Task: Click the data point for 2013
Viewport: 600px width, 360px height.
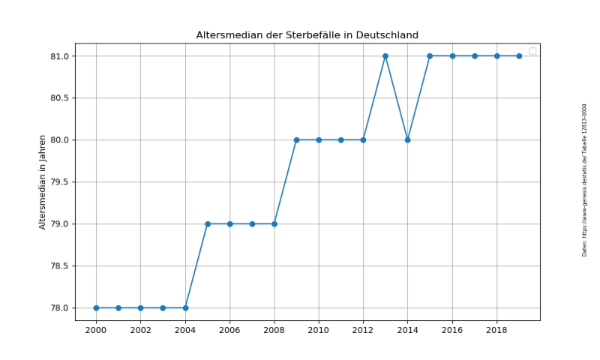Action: pyautogui.click(x=385, y=56)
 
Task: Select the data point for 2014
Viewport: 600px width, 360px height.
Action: pyautogui.click(x=407, y=139)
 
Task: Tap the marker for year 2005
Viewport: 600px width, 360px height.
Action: pyautogui.click(x=208, y=223)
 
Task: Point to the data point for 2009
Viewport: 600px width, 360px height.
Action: pyautogui.click(x=296, y=139)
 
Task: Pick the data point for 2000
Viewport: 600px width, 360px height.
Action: pyautogui.click(x=96, y=307)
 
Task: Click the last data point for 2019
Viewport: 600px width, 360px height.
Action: pyautogui.click(x=519, y=56)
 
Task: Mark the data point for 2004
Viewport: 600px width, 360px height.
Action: pyautogui.click(x=185, y=307)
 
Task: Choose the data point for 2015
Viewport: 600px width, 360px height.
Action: pyautogui.click(x=430, y=56)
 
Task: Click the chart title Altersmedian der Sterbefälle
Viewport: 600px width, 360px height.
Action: pyautogui.click(x=307, y=35)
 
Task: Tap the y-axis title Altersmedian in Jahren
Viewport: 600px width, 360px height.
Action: pyautogui.click(x=43, y=181)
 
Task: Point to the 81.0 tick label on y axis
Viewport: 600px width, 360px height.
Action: pyautogui.click(x=60, y=56)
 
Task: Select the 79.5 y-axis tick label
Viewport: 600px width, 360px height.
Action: pyautogui.click(x=60, y=181)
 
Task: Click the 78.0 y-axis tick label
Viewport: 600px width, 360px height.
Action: pyautogui.click(x=60, y=307)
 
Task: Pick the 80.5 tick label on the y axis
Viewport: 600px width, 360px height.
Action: pyautogui.click(x=60, y=98)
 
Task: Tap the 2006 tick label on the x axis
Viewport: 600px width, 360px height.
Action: pyautogui.click(x=229, y=330)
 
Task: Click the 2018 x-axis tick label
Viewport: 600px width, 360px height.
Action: pyautogui.click(x=496, y=330)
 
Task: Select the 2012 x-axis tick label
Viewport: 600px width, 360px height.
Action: pyautogui.click(x=363, y=330)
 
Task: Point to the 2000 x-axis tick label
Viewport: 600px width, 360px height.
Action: pyautogui.click(x=96, y=330)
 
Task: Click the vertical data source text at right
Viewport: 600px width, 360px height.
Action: pyautogui.click(x=584, y=180)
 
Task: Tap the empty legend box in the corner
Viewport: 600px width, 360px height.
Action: pyautogui.click(x=532, y=51)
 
